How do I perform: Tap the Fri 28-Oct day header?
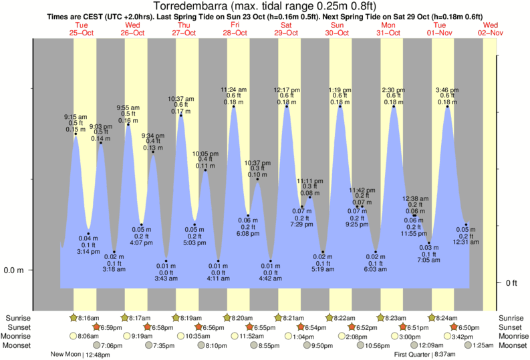(x=235, y=29)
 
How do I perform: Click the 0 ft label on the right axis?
(x=512, y=283)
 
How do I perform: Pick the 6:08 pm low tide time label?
(x=249, y=234)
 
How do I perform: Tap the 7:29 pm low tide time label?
(x=301, y=224)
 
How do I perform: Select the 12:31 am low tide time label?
(x=467, y=242)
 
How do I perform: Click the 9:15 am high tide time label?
(x=76, y=117)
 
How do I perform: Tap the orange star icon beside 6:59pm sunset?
(x=96, y=327)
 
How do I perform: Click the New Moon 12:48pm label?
(x=84, y=354)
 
